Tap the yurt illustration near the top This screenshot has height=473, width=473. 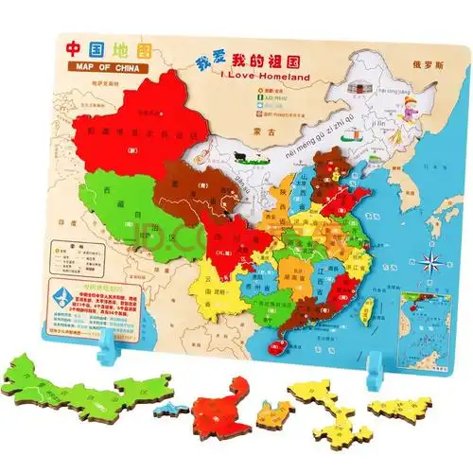(x=360, y=86)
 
